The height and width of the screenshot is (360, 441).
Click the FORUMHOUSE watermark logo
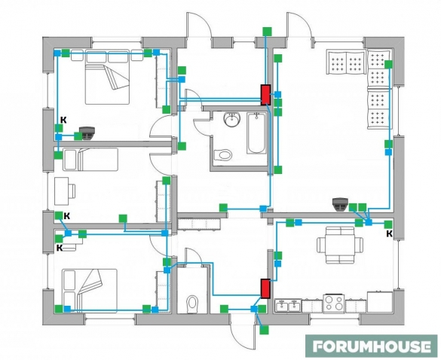pos(371,346)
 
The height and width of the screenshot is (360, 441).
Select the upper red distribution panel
pos(265,95)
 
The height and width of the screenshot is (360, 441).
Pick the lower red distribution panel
pos(265,288)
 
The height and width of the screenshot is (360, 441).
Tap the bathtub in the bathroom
pos(256,133)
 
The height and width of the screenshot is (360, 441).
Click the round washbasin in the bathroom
pos(231,120)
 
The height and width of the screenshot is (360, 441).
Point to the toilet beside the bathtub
pos(222,154)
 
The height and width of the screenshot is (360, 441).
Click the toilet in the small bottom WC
pos(192,304)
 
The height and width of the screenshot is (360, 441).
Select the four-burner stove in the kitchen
pos(334,304)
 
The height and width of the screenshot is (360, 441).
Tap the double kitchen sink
pos(288,306)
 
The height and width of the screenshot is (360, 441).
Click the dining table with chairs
pos(340,245)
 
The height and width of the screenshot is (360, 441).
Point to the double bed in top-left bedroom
pos(108,77)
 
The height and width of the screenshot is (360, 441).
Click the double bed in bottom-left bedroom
pos(90,291)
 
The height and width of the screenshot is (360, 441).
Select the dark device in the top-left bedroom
pos(87,133)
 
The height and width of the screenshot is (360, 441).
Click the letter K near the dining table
pos(389,233)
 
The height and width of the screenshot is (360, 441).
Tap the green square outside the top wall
pos(267,32)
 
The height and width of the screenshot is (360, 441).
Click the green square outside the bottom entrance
pos(264,330)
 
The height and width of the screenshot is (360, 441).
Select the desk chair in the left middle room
pos(72,191)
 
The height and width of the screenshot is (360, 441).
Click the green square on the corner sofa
pos(388,64)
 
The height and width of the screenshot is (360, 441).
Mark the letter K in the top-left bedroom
pos(63,121)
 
